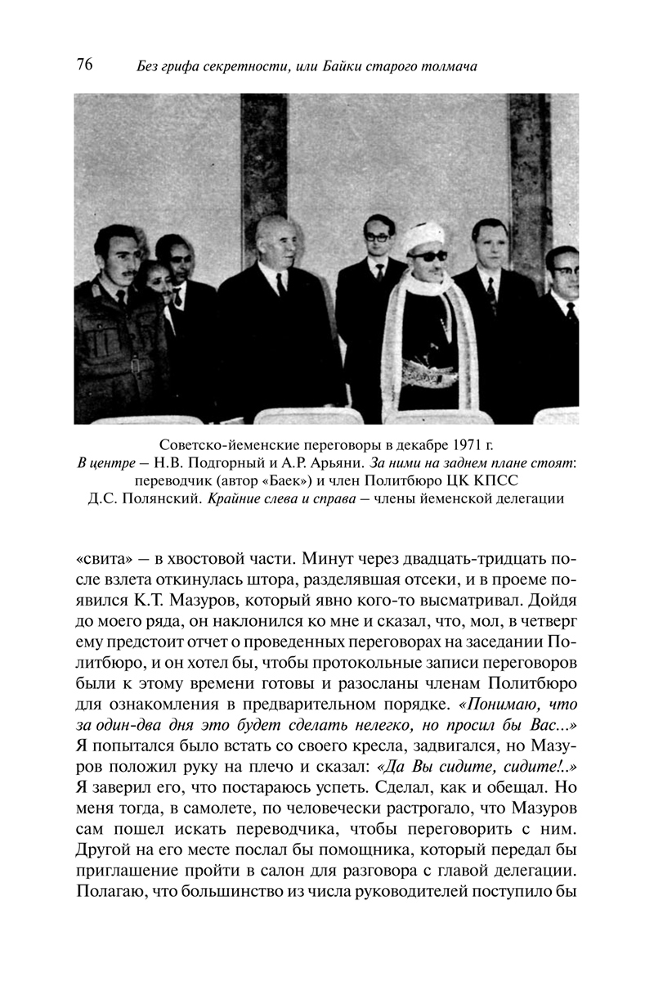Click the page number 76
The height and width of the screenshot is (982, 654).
[84, 65]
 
